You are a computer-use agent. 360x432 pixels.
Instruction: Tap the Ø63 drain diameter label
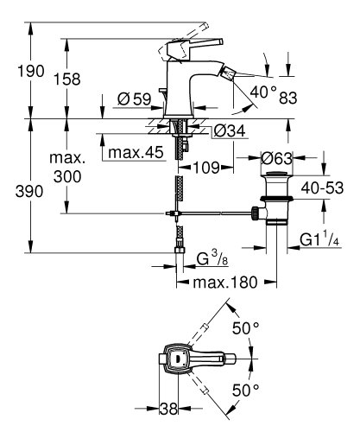pos(279,158)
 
